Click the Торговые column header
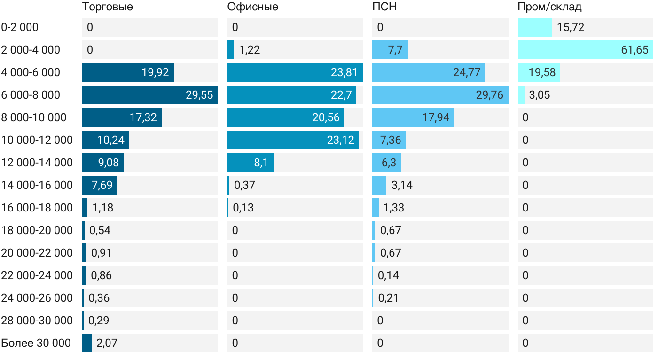[107, 7]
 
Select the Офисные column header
[252, 7]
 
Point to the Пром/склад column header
[549, 7]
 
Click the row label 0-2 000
[20, 27]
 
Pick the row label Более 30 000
[36, 343]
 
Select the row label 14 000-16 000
[37, 185]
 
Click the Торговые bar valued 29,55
[149, 95]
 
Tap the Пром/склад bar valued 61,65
[585, 50]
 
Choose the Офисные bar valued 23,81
[295, 72]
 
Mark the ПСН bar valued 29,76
[440, 95]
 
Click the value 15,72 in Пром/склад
[571, 27]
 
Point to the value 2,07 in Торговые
[107, 343]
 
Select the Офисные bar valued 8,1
[250, 163]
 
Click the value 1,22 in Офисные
[250, 50]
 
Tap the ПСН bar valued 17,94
[413, 117]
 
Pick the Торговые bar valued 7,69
[99, 185]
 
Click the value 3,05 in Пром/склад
[540, 95]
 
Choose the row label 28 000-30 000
[37, 321]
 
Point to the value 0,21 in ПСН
[388, 298]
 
